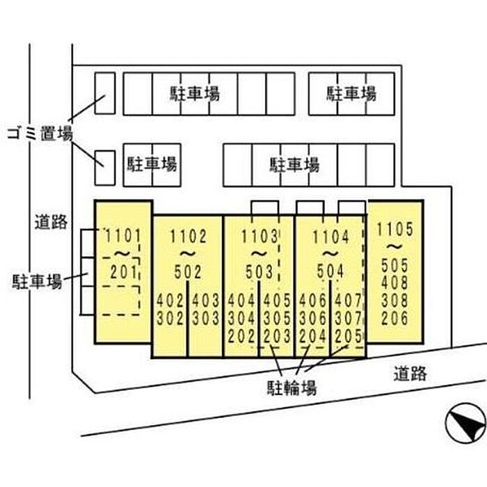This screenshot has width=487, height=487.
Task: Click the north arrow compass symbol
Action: point(464,422)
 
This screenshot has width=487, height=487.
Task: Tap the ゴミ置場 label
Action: point(39,134)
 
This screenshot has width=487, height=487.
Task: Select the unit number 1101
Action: point(122,235)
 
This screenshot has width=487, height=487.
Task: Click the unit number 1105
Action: point(394,229)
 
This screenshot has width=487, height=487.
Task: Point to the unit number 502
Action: point(187,272)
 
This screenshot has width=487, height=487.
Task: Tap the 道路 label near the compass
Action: point(408,374)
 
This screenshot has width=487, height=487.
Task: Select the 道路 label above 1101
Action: point(51,222)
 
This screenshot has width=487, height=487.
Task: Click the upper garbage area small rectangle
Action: point(104,93)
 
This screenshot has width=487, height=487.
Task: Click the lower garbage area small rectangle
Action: point(104,168)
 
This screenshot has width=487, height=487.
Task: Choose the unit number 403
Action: point(205,303)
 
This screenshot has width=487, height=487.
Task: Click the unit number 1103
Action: point(260,236)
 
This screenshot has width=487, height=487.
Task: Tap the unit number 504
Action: point(330,272)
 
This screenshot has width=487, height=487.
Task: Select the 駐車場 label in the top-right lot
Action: point(351,93)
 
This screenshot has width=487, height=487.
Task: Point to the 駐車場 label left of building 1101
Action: point(37,281)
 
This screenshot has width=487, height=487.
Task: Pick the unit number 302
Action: point(169,319)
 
